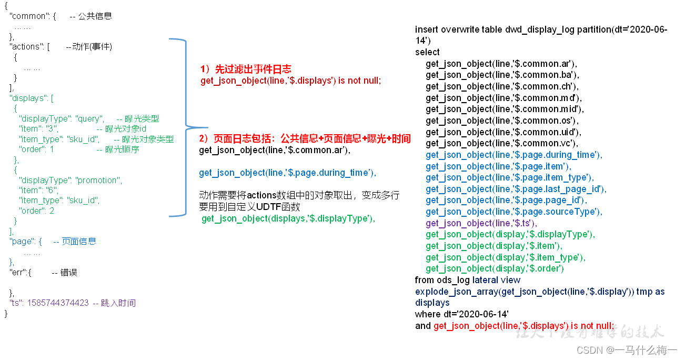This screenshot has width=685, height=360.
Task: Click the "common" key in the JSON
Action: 31,16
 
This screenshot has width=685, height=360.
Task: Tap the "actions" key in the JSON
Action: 28,46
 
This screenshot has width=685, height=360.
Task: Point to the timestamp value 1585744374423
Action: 58,303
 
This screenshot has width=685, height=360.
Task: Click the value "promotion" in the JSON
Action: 99,180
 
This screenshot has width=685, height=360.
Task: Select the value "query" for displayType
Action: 90,118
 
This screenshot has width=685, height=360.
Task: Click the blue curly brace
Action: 185,127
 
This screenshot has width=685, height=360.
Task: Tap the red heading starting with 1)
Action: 246,69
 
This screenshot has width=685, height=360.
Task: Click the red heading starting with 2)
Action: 305,138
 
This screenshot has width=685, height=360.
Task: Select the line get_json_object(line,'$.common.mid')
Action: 505,109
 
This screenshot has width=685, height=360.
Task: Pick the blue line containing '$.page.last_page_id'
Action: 516,189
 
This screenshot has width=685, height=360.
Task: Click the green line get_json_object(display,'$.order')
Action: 495,268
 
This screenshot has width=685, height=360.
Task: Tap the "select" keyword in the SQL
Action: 427,52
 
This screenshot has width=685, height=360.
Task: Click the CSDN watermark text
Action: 627,350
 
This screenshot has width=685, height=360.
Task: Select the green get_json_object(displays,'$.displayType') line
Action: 288,218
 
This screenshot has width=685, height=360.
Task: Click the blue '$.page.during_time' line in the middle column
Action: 287,173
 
